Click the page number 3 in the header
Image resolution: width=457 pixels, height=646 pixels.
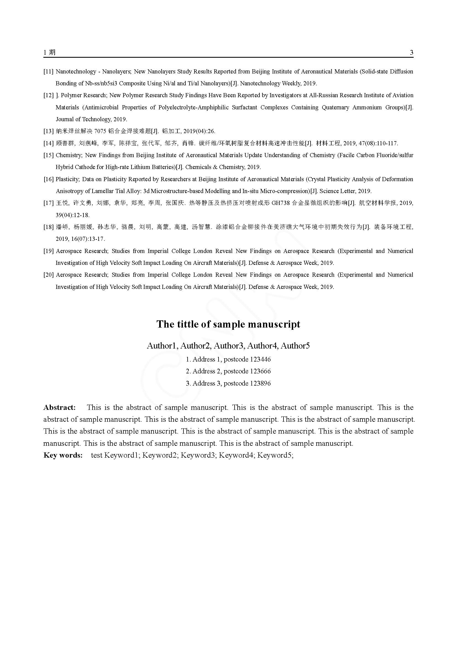coord(411,53)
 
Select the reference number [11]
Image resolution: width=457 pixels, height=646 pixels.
coord(48,72)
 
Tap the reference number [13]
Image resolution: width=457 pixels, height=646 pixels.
coord(48,131)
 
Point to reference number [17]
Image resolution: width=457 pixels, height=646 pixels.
coord(48,203)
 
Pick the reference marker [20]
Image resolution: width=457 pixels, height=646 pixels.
coord(48,275)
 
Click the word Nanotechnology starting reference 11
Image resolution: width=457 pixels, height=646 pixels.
coord(76,72)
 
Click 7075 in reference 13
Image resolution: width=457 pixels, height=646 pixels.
coord(100,131)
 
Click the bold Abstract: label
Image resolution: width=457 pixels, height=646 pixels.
coord(59,407)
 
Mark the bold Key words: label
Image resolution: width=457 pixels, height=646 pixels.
coord(63,455)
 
